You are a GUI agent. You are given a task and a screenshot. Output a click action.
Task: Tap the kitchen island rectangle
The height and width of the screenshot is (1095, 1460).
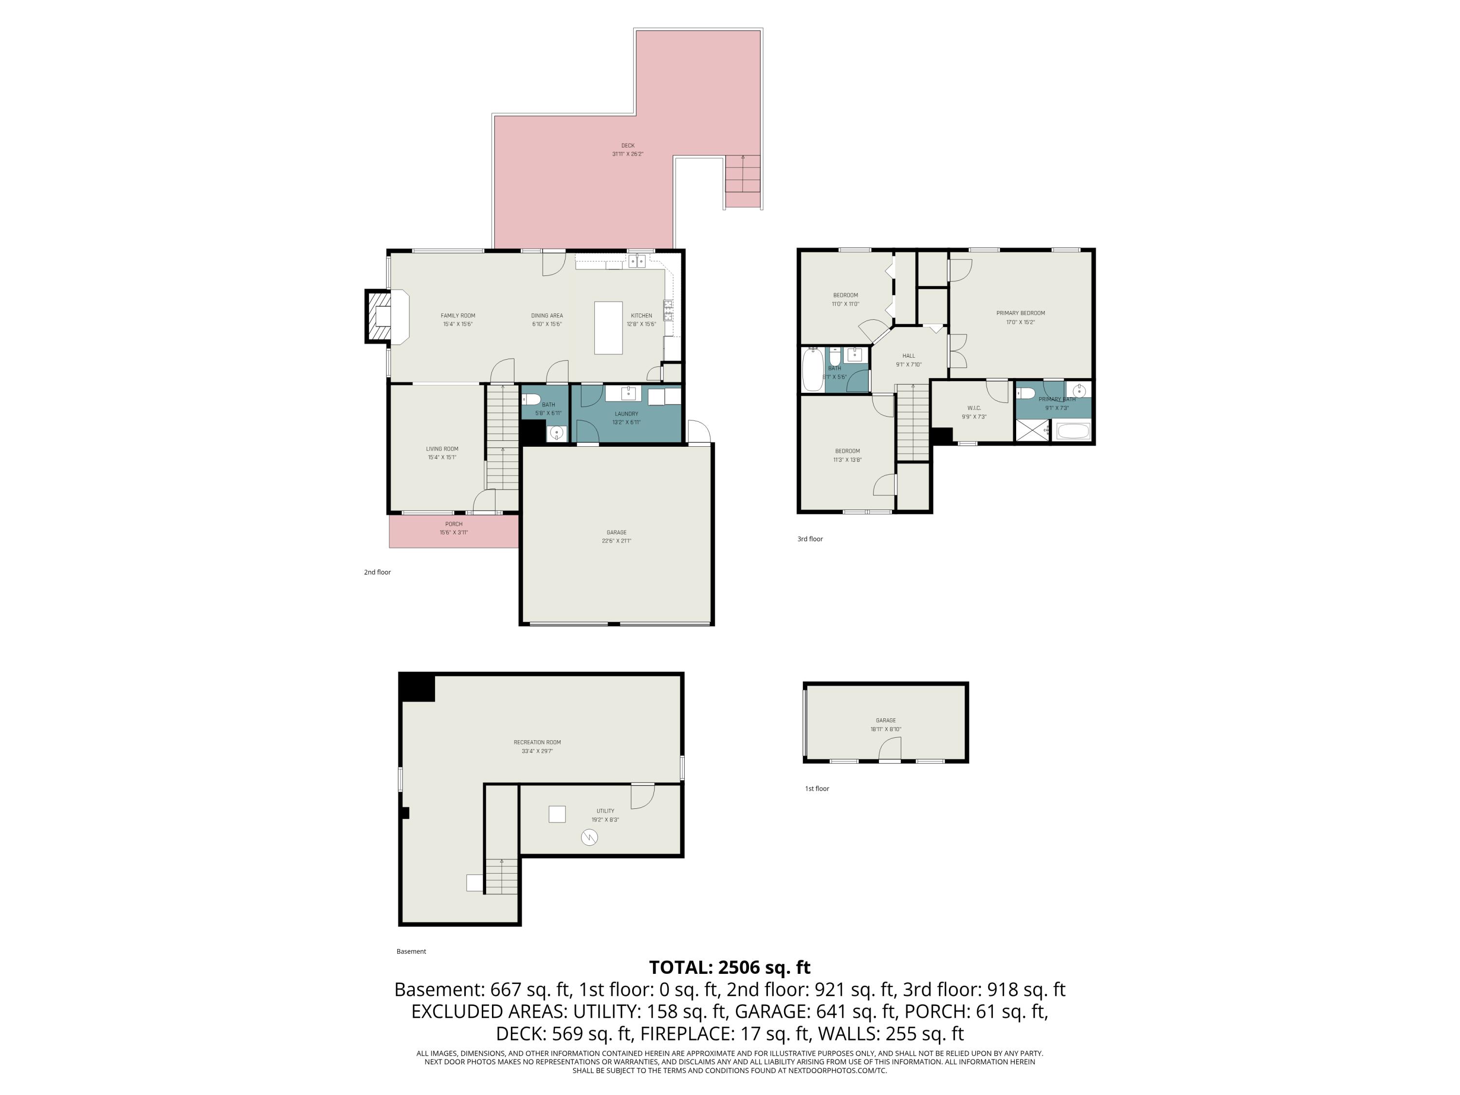pos(608,328)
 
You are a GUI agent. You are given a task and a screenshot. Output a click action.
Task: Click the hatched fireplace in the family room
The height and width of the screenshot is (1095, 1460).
pos(380,317)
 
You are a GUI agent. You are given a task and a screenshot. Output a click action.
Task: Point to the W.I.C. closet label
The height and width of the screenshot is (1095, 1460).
pos(973,408)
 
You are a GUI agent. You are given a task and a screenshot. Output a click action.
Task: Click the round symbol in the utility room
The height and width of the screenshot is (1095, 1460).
pos(589,838)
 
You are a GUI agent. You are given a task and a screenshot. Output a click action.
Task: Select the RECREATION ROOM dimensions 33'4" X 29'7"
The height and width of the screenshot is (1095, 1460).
pos(537,751)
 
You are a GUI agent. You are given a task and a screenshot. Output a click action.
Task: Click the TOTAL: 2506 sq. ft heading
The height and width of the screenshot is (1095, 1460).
pos(730,967)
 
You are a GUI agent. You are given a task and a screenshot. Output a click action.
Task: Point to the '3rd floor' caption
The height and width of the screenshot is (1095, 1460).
pos(810,539)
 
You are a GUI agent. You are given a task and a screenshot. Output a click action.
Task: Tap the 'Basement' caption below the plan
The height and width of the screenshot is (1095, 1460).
pos(411,951)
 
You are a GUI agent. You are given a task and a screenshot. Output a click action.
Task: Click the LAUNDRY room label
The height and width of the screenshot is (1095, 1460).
pos(626,414)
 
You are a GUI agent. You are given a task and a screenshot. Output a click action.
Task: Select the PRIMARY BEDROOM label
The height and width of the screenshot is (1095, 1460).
pos(1021,313)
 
